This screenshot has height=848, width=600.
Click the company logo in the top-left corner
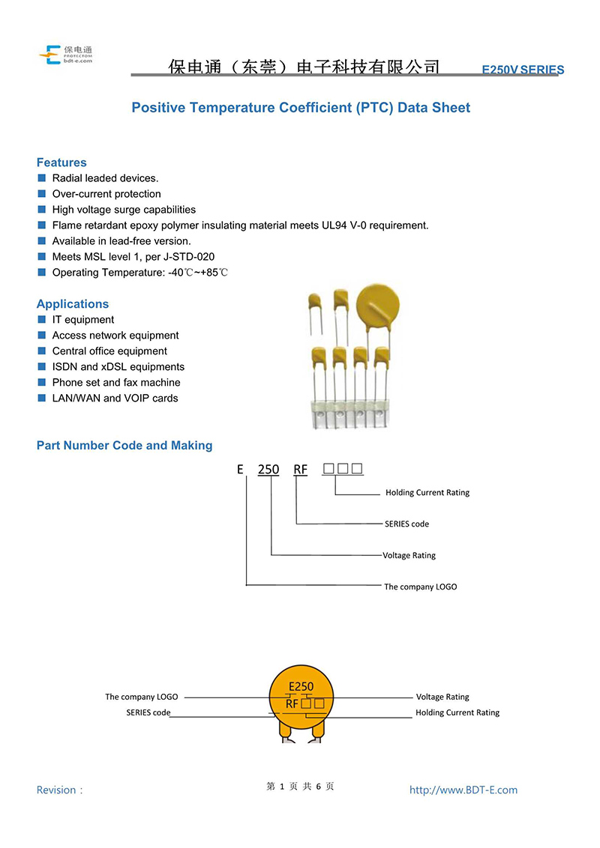click(x=65, y=55)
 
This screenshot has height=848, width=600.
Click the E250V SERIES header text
click(x=523, y=70)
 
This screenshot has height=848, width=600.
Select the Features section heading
click(x=61, y=163)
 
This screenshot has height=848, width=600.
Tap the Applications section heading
click(x=73, y=304)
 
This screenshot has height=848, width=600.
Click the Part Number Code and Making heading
click(x=124, y=445)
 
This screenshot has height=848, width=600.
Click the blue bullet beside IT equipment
click(x=42, y=319)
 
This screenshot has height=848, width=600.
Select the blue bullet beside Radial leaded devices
click(x=42, y=178)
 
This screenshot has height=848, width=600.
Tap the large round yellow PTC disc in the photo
click(x=378, y=306)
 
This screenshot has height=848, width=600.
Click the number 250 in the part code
click(x=268, y=470)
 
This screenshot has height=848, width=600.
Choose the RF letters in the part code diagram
click(x=300, y=470)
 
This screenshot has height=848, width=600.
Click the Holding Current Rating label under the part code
click(x=427, y=493)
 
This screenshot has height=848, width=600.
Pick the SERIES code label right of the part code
click(x=406, y=524)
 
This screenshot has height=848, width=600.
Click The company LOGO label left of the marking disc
click(x=141, y=697)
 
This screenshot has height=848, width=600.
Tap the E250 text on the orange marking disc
click(x=301, y=686)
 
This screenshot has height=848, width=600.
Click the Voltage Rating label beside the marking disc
click(x=442, y=697)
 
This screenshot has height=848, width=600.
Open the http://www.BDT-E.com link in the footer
click(x=463, y=790)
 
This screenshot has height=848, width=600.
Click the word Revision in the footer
click(x=56, y=790)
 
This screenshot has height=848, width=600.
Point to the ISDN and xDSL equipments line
click(x=118, y=366)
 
